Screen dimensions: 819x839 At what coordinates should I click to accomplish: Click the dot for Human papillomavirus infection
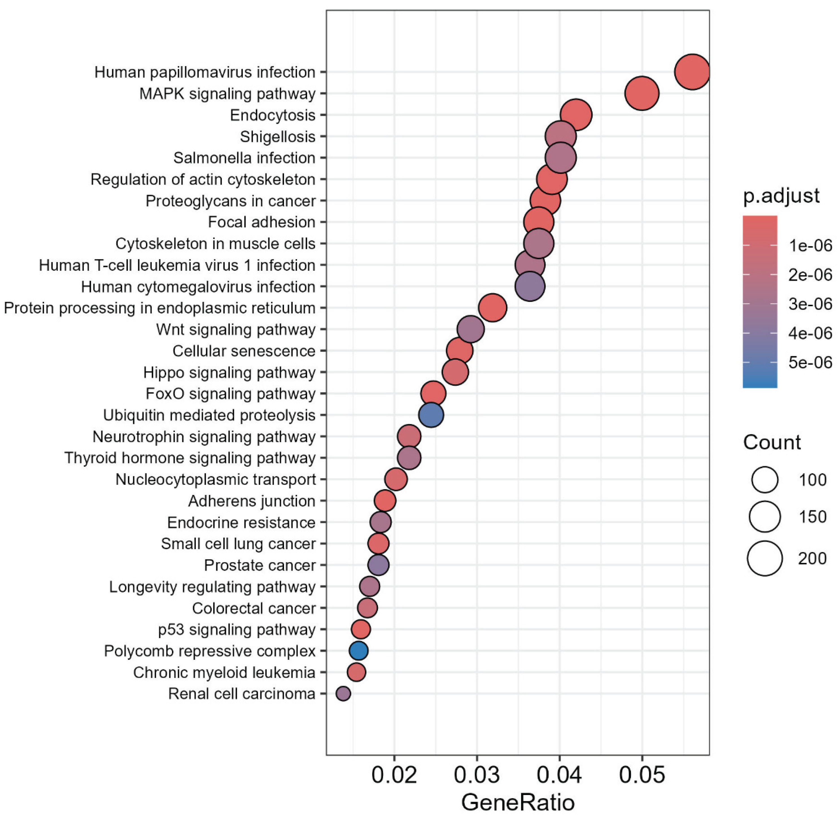(x=692, y=72)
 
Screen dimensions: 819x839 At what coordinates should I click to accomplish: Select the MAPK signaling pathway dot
(x=641, y=93)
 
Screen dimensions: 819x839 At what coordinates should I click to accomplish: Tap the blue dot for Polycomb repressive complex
(x=359, y=651)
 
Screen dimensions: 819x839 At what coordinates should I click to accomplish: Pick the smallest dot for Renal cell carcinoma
(x=343, y=693)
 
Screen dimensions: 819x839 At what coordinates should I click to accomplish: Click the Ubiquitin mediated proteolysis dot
(x=431, y=415)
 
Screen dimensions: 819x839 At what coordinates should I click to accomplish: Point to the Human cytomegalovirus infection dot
(x=530, y=286)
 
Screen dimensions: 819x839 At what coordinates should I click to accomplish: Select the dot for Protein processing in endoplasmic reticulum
(x=493, y=308)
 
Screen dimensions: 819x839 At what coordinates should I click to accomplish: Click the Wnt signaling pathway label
(x=236, y=330)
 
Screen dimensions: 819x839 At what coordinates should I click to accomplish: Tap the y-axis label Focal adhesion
(x=262, y=222)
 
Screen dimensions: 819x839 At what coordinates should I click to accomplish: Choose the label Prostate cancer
(x=260, y=565)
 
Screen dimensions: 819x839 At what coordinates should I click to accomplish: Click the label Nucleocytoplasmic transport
(x=216, y=479)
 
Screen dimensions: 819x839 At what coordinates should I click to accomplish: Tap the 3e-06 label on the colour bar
(x=810, y=304)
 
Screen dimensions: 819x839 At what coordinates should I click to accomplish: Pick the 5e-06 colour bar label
(x=810, y=363)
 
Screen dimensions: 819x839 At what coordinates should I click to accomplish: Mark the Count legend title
(x=772, y=442)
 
